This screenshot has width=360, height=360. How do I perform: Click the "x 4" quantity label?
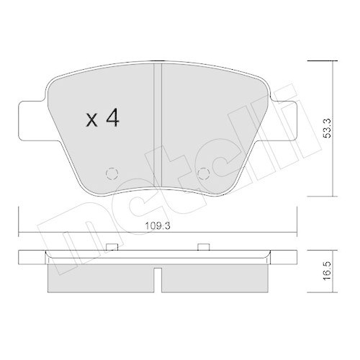click(103, 119)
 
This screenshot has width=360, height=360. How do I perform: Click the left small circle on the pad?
click(112, 174)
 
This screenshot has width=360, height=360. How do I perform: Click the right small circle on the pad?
click(203, 174)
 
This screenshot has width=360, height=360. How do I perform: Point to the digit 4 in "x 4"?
click(113, 119)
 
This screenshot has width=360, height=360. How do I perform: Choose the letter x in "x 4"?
click(91, 120)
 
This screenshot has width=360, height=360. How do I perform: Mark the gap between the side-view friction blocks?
click(157, 277)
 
